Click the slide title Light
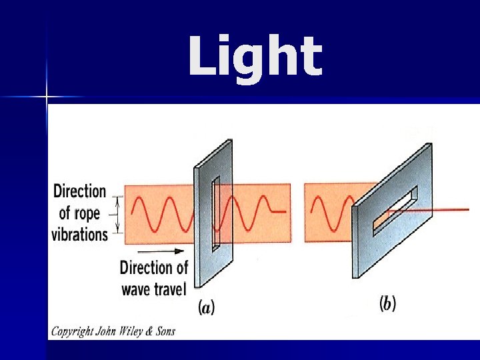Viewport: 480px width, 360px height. pyautogui.click(x=255, y=56)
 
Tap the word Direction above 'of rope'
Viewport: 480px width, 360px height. pyautogui.click(x=79, y=191)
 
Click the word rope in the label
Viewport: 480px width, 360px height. pyautogui.click(x=88, y=213)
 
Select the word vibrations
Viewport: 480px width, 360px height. pyautogui.click(x=79, y=234)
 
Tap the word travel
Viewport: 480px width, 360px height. pyautogui.click(x=171, y=289)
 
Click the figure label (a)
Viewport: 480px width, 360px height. pyautogui.click(x=207, y=307)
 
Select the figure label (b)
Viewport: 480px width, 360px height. pyautogui.click(x=387, y=304)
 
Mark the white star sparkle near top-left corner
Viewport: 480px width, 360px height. pyautogui.click(x=47, y=98)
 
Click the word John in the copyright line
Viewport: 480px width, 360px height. pyautogui.click(x=105, y=331)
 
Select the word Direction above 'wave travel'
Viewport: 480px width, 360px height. pyautogui.click(x=154, y=268)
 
